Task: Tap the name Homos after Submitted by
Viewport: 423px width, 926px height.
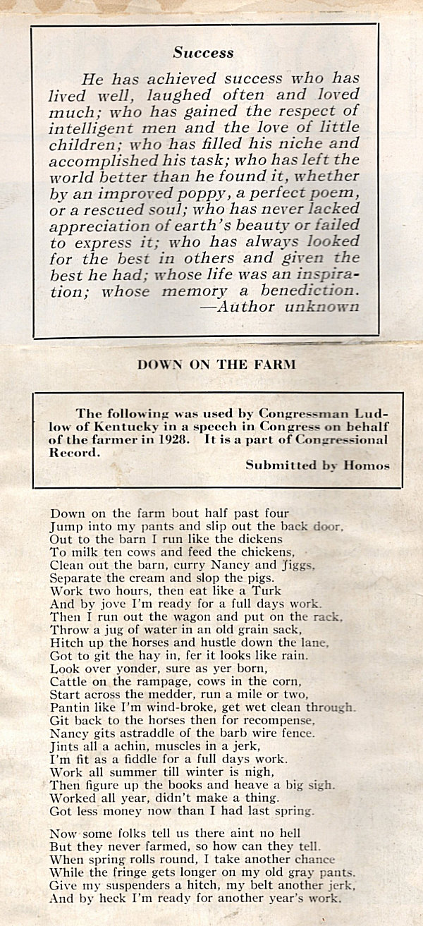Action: pyautogui.click(x=367, y=465)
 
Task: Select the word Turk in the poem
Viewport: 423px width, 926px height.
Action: pyautogui.click(x=269, y=590)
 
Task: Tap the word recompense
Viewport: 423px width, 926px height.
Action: pyautogui.click(x=291, y=720)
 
